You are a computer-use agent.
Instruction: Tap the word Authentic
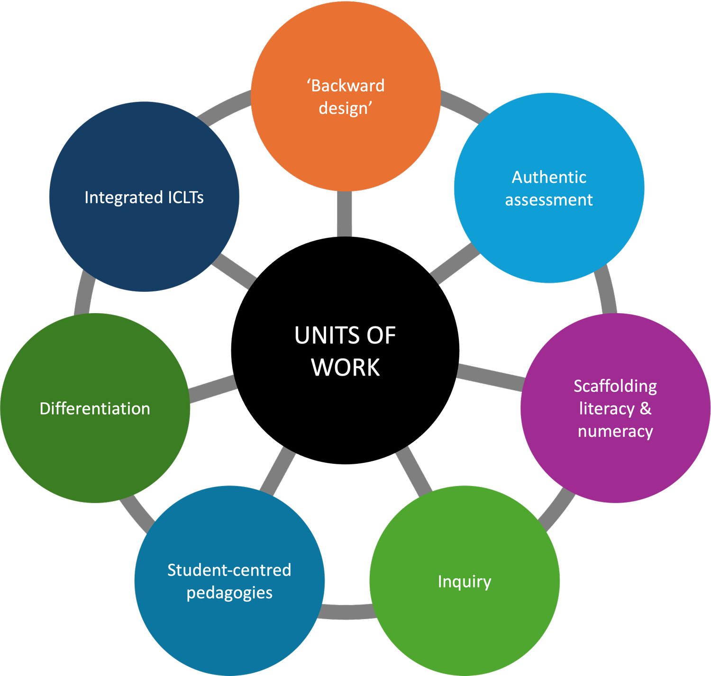click(549, 177)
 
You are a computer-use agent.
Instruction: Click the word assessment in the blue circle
click(549, 200)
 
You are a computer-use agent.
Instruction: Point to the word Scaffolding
click(615, 386)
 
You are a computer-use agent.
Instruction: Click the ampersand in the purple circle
click(646, 408)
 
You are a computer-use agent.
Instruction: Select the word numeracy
click(615, 432)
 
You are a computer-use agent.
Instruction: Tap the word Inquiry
click(465, 582)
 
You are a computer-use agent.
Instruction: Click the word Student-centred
click(229, 570)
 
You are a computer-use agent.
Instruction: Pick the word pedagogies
click(229, 593)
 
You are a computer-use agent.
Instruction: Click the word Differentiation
click(95, 409)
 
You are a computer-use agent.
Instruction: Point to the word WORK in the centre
click(346, 368)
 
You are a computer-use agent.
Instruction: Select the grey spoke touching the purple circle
click(491, 377)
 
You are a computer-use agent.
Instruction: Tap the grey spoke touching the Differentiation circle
click(213, 388)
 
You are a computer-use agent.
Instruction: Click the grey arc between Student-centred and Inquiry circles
click(347, 612)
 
